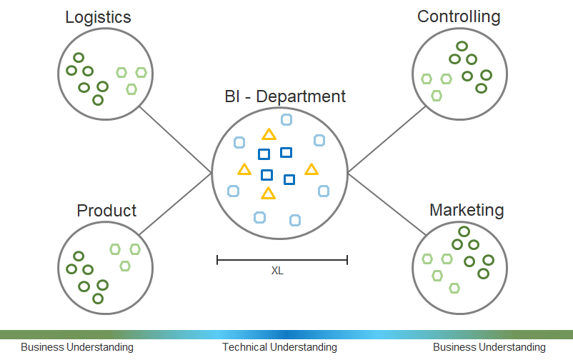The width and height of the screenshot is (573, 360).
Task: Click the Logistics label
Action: click(x=98, y=18)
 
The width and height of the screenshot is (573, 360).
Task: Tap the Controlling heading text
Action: click(x=459, y=17)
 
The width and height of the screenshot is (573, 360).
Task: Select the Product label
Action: click(x=106, y=211)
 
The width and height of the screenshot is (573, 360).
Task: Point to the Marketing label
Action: click(x=467, y=210)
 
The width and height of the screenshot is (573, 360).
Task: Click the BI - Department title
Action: click(x=285, y=96)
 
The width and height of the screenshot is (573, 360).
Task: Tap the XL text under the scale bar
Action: click(x=277, y=271)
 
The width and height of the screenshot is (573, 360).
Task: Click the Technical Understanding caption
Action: click(x=279, y=347)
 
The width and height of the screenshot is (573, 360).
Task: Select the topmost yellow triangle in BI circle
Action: click(x=269, y=135)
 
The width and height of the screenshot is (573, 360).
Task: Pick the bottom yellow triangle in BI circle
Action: click(x=268, y=194)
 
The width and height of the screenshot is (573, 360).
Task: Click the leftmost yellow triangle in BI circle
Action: click(x=244, y=170)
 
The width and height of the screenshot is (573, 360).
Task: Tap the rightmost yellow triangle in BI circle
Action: click(x=312, y=170)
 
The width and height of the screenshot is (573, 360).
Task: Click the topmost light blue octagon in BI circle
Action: click(x=286, y=119)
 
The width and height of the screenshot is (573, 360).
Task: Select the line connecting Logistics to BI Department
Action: click(x=176, y=139)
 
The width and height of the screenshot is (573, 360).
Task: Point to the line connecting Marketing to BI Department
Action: click(x=387, y=204)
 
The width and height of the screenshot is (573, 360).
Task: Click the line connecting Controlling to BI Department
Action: click(x=387, y=139)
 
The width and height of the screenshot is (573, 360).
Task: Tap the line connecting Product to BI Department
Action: click(x=176, y=204)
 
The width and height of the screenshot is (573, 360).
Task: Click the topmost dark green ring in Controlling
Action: click(x=462, y=46)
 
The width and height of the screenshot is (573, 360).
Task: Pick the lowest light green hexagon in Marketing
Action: click(x=454, y=289)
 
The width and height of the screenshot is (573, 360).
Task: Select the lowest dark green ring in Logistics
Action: click(x=98, y=100)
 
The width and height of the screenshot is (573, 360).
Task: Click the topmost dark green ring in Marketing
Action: click(x=464, y=231)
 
